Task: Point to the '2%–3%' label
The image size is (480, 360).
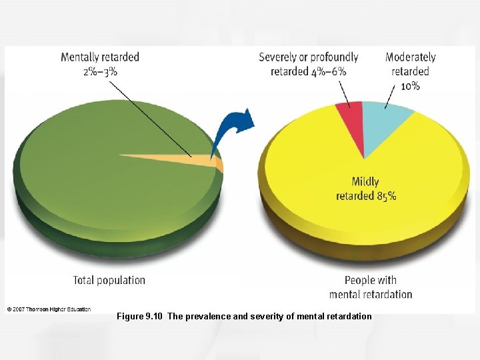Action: click(100, 71)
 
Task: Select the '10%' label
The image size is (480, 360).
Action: click(410, 85)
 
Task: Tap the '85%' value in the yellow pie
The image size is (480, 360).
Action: click(386, 196)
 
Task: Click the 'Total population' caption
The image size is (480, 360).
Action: click(109, 280)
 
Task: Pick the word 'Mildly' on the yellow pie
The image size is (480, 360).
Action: click(365, 181)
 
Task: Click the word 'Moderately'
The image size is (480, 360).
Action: click(411, 57)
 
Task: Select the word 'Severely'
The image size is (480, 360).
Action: click(278, 57)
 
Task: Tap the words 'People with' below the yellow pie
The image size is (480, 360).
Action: click(371, 280)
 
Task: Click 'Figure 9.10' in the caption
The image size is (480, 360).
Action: click(139, 316)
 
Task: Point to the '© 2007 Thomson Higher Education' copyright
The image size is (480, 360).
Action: click(49, 309)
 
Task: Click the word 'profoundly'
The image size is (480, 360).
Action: click(333, 57)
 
